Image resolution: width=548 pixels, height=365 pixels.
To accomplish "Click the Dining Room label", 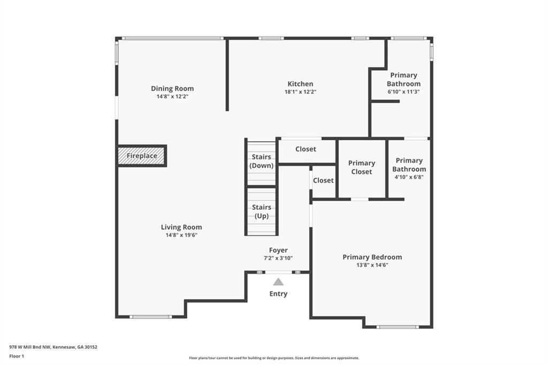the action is [172, 88].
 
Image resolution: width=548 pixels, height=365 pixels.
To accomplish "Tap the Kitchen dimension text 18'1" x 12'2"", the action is [300, 92].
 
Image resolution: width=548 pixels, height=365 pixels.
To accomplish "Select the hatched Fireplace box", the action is [141, 156].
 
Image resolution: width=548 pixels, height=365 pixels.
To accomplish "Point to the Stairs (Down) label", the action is [261, 161].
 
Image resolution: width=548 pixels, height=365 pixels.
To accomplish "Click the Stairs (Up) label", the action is [261, 211].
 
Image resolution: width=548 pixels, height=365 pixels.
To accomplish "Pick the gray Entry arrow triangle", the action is [278, 282].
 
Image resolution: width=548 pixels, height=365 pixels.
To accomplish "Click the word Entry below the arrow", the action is [278, 294].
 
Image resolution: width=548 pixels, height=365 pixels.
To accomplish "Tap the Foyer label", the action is [278, 250].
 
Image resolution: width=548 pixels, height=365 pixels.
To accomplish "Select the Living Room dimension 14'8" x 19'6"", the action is [181, 235].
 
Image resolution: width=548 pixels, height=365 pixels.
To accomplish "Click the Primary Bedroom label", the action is [372, 257].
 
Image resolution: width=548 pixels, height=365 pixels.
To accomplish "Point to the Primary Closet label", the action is [362, 168].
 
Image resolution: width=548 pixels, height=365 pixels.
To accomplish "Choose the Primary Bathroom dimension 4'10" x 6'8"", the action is [409, 177].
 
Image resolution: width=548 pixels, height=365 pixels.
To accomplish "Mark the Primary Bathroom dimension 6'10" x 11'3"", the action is [404, 92].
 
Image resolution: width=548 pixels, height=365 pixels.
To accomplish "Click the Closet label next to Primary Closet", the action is [323, 180].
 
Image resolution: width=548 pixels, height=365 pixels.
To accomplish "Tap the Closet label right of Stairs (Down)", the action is [306, 149].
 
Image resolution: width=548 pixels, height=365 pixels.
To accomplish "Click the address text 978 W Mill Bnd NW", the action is [30, 347].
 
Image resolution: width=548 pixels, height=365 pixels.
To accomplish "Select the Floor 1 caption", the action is [17, 356].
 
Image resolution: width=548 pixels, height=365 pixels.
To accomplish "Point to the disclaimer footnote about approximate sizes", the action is [274, 358].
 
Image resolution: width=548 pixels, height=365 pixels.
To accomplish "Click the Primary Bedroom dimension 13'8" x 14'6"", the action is [372, 265].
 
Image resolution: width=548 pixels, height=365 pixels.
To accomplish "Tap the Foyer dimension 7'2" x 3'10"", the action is [278, 258].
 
